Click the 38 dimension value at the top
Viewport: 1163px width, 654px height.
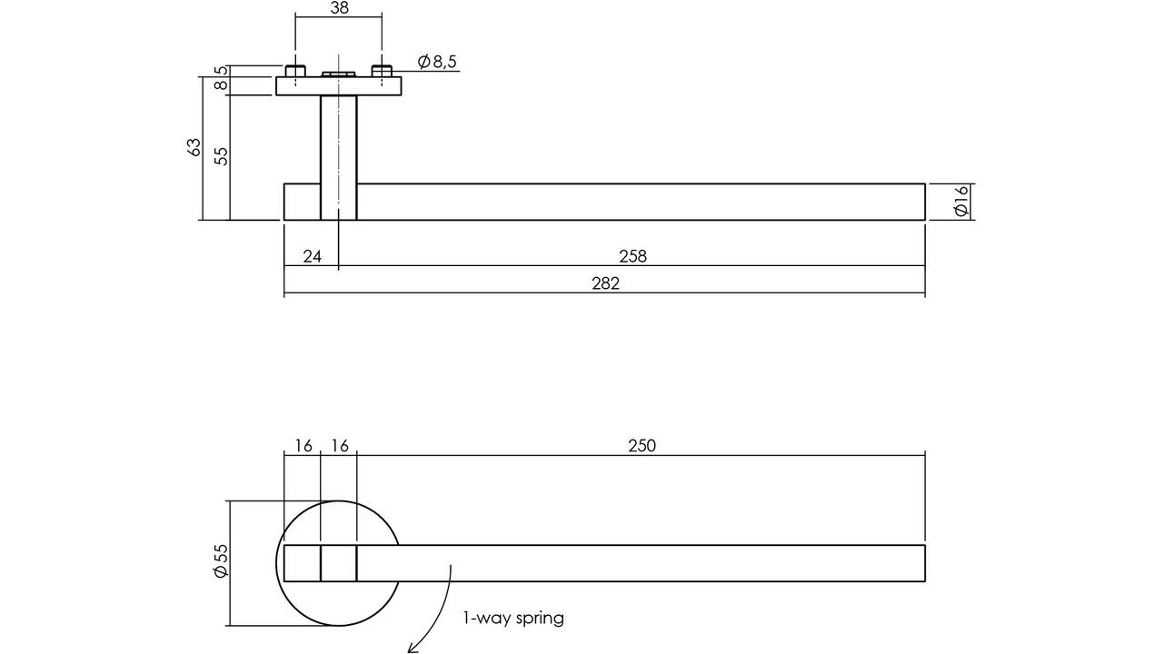[x=339, y=8]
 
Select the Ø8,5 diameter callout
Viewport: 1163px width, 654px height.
[x=437, y=62]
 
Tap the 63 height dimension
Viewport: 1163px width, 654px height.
[x=194, y=147]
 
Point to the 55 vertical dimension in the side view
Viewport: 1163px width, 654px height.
[x=221, y=156]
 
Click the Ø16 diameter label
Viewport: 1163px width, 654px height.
[x=961, y=201]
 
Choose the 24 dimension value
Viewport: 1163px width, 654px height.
[x=312, y=256]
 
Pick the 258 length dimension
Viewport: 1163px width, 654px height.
[x=633, y=256]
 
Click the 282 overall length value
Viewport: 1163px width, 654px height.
[x=605, y=283]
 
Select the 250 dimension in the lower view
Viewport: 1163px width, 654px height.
[x=642, y=446]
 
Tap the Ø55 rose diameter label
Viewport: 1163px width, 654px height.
[x=221, y=560]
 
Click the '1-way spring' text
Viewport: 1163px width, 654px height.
[x=513, y=619]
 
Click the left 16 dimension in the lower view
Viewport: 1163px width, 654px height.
[x=303, y=446]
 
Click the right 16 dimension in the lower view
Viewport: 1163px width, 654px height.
[x=340, y=446]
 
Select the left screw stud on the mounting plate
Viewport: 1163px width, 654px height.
[x=295, y=72]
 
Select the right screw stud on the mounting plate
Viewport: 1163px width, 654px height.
[x=382, y=72]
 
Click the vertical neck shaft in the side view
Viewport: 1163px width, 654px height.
[x=339, y=157]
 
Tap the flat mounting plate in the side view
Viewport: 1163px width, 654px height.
[x=339, y=86]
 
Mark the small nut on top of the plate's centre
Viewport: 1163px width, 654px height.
[x=339, y=74]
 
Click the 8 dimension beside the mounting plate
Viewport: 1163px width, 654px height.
[x=221, y=85]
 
